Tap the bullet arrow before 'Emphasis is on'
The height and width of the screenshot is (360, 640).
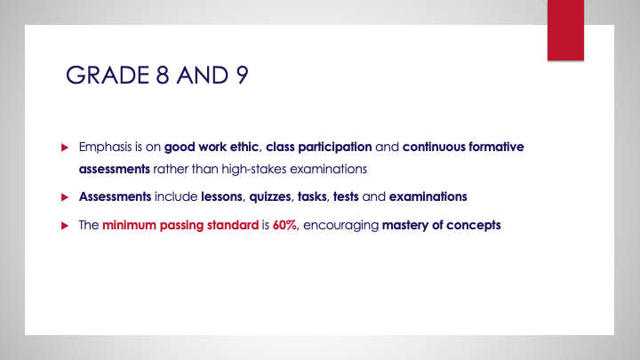coord(64,145)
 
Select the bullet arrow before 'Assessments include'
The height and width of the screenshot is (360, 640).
coord(64,195)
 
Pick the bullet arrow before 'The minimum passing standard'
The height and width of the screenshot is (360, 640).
coord(64,225)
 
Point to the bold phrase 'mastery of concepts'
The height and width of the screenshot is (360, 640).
coord(442,225)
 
